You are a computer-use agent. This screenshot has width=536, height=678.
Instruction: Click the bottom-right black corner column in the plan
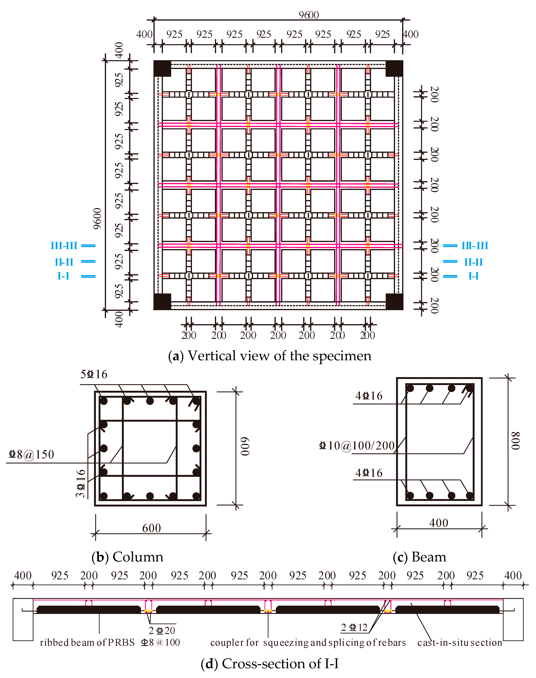(394, 302)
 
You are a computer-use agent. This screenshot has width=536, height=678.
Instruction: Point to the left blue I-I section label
(63, 276)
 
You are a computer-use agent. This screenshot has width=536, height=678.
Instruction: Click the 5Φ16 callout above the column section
(94, 374)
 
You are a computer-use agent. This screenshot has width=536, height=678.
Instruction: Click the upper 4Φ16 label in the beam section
(369, 396)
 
